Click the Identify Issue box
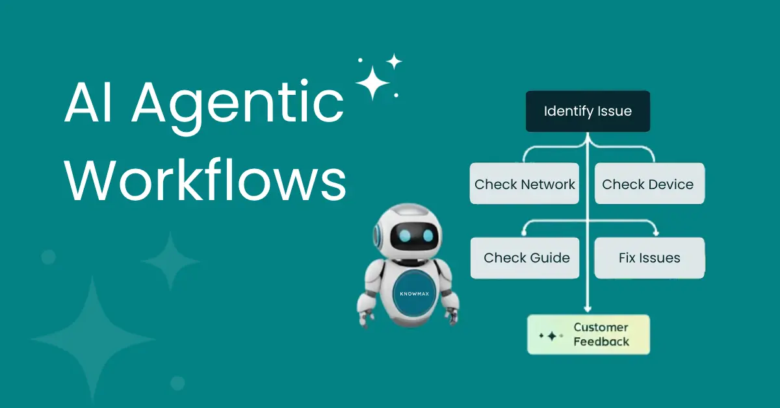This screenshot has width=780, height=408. point(588,111)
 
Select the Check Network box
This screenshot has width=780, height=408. point(525,184)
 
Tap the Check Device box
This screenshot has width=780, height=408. point(649,184)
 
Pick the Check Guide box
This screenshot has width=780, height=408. point(525,258)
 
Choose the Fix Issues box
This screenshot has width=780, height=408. point(649,258)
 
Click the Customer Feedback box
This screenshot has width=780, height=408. point(588,335)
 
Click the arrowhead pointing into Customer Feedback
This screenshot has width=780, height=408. point(588,310)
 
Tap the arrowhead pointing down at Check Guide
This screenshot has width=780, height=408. point(525,233)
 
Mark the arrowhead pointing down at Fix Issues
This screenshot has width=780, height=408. point(655,233)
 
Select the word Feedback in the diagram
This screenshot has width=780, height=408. point(601,342)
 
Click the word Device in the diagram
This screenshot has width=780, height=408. point(671,184)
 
